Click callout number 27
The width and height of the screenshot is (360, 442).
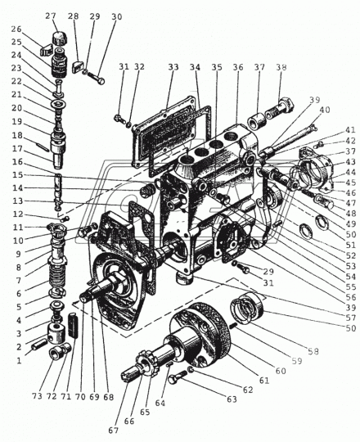(51, 16)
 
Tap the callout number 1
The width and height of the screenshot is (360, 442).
(19, 360)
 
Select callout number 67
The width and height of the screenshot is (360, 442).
(113, 431)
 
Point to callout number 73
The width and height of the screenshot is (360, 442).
(37, 396)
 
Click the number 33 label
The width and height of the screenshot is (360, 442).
(173, 67)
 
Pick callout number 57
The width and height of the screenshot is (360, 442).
(351, 318)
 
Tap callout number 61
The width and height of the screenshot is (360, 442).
(264, 381)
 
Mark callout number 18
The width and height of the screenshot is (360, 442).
(17, 135)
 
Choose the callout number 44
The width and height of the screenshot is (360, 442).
(351, 172)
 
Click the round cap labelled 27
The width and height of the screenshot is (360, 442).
(59, 38)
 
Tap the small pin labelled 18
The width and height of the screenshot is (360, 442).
(43, 147)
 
